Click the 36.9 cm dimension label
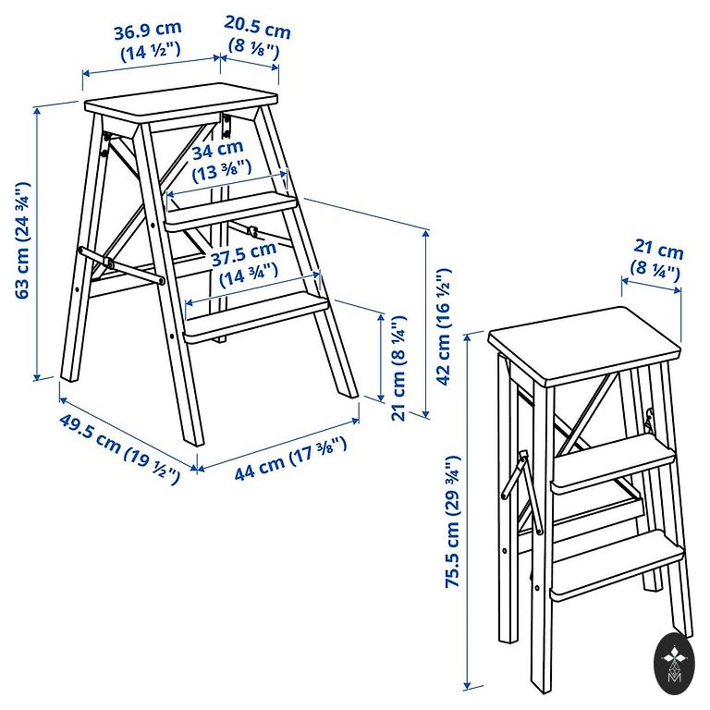pyautogui.click(x=149, y=42)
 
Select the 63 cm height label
pyautogui.click(x=22, y=240)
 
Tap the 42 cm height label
pyautogui.click(x=444, y=327)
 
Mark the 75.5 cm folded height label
pyautogui.click(x=453, y=521)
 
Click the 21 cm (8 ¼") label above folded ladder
pyautogui.click(x=656, y=261)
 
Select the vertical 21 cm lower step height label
pyautogui.click(x=398, y=368)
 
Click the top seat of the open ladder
pyautogui.click(x=181, y=103)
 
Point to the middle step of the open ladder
pyautogui.click(x=231, y=211)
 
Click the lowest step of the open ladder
pyautogui.click(x=256, y=317)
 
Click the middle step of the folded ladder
pyautogui.click(x=615, y=464)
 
